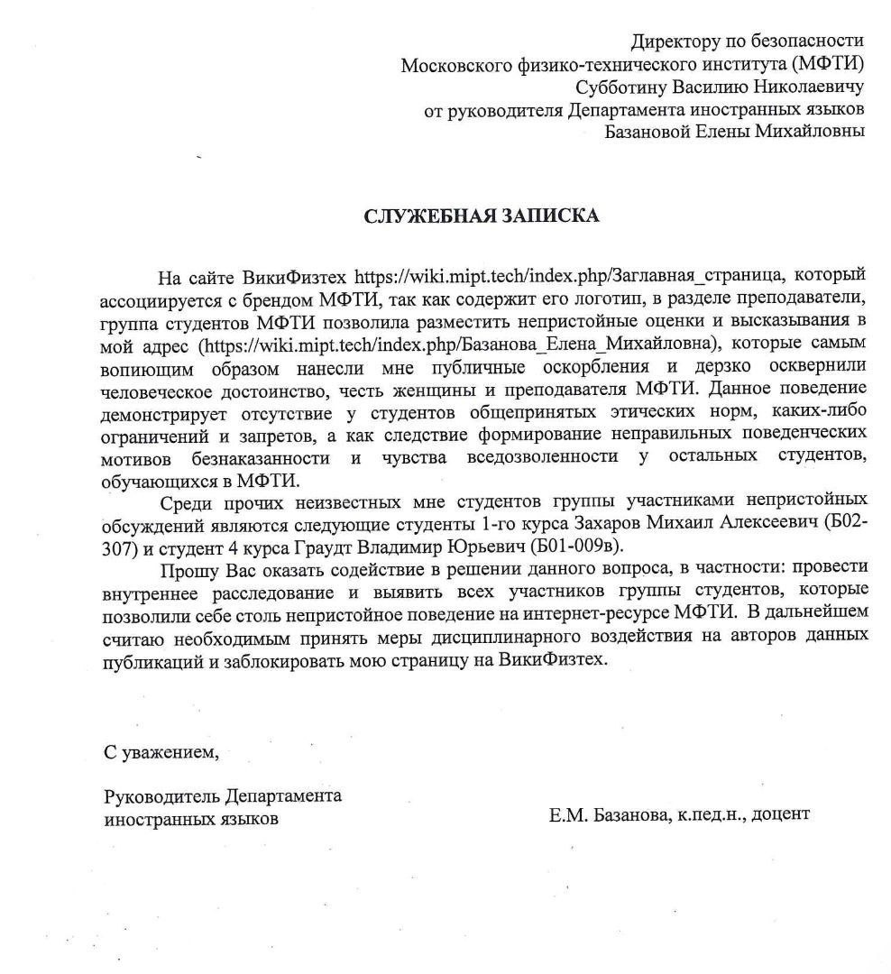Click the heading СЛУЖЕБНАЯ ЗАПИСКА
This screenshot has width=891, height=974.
tap(481, 216)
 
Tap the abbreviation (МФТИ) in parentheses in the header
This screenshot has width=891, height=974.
tap(828, 64)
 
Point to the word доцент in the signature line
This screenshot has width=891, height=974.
tap(781, 813)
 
